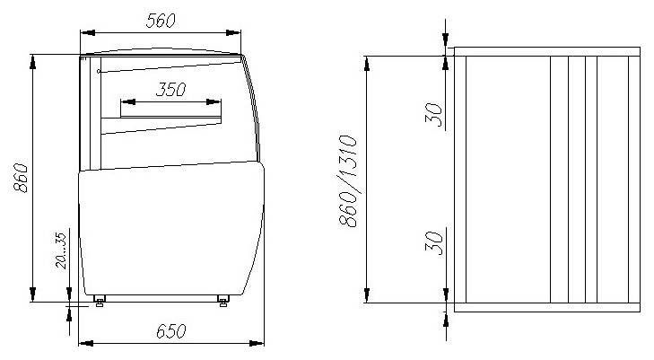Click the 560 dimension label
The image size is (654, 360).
pyautogui.click(x=161, y=21)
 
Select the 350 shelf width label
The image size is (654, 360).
pyautogui.click(x=171, y=90)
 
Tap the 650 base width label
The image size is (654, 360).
pyautogui.click(x=171, y=331)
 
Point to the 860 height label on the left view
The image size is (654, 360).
pyautogui.click(x=21, y=177)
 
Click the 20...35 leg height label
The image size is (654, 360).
pyautogui.click(x=61, y=250)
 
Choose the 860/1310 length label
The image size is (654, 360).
pyautogui.click(x=348, y=180)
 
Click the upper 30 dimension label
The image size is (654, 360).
pyautogui.click(x=434, y=115)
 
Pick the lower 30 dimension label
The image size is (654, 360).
pyautogui.click(x=434, y=242)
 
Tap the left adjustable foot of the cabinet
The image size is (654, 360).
pyautogui.click(x=100, y=301)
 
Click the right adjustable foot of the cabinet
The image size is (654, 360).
pyautogui.click(x=223, y=301)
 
